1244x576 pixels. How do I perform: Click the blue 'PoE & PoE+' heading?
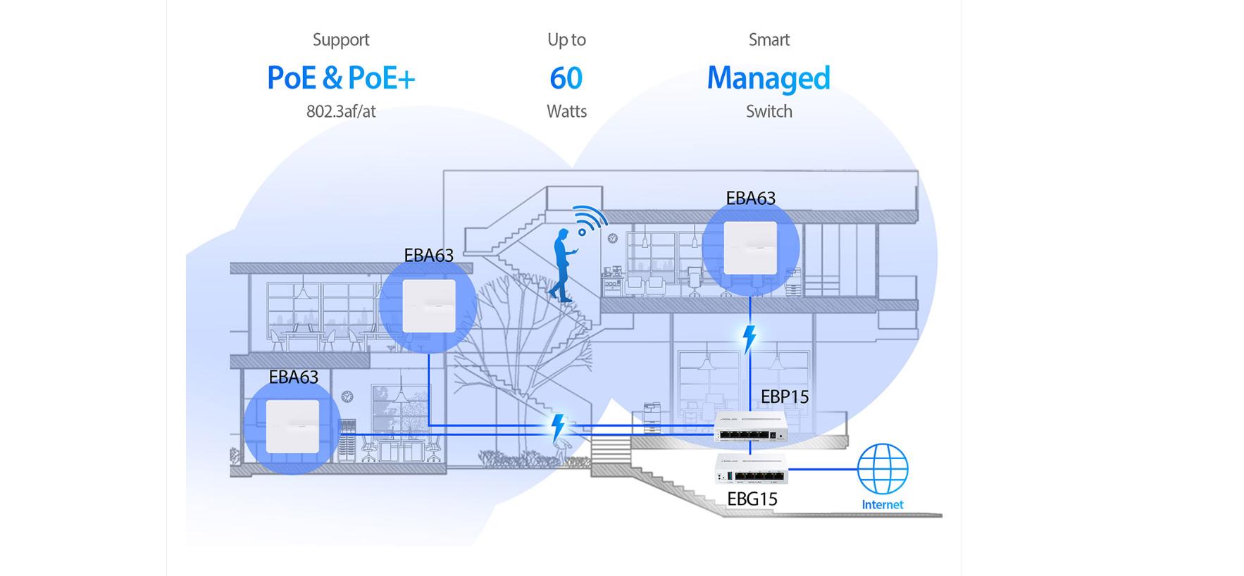coord(341,77)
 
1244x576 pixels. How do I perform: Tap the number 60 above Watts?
coord(566,78)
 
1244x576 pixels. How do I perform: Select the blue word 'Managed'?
coord(769,78)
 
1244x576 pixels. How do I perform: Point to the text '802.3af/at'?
coord(341,111)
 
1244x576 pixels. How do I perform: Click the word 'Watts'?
coord(566,111)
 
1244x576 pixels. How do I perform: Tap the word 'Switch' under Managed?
coord(769,111)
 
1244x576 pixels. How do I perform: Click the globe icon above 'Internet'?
coord(882,469)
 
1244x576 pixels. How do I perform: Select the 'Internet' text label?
coord(882,505)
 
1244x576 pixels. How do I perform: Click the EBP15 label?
coord(784,397)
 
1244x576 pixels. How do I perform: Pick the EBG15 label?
coord(752,499)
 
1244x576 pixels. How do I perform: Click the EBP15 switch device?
coord(749,427)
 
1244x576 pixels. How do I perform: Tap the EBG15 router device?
coord(751,468)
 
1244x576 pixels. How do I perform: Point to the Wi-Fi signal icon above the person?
coord(589,220)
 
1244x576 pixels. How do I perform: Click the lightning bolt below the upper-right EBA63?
coord(749,339)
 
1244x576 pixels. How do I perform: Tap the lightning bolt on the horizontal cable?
coord(557,427)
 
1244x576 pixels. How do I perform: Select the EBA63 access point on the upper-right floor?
coord(750,248)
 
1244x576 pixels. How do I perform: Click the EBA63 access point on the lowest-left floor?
coord(292,426)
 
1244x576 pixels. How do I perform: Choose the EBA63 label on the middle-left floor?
coord(428,256)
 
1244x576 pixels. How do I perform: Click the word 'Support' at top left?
coord(341,40)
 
